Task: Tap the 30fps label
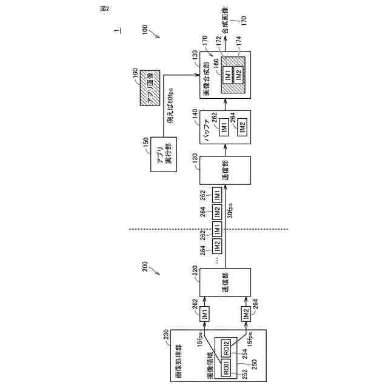coord(231,214)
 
